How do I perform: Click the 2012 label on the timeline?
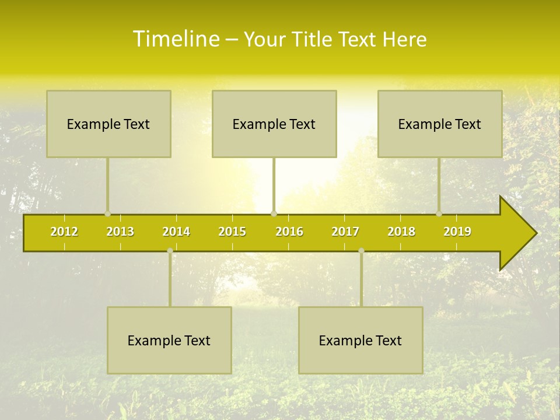pyautogui.click(x=64, y=232)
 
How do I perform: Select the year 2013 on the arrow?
pyautogui.click(x=120, y=232)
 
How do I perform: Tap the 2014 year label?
pyautogui.click(x=176, y=232)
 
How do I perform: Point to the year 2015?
pyautogui.click(x=232, y=232)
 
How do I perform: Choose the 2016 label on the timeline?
pyautogui.click(x=289, y=232)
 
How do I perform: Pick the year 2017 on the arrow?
pyautogui.click(x=345, y=232)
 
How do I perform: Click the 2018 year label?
pyautogui.click(x=401, y=232)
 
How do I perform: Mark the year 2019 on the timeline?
pyautogui.click(x=457, y=232)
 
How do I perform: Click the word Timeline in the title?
pyautogui.click(x=176, y=39)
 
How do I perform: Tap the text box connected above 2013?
pyautogui.click(x=108, y=124)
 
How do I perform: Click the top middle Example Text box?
pyautogui.click(x=274, y=124)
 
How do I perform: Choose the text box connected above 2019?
pyautogui.click(x=440, y=124)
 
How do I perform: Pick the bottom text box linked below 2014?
pyautogui.click(x=169, y=340)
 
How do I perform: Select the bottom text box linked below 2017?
pyautogui.click(x=360, y=340)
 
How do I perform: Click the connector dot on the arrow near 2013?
pyautogui.click(x=107, y=213)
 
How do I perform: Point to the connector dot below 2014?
pyautogui.click(x=170, y=251)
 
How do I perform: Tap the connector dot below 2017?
pyautogui.click(x=361, y=251)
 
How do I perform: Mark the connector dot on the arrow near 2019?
pyautogui.click(x=439, y=213)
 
